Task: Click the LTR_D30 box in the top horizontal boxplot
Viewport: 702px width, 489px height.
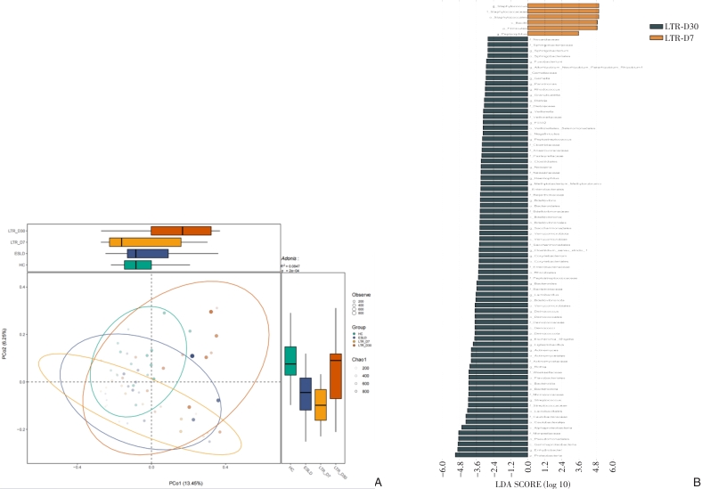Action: [181, 231]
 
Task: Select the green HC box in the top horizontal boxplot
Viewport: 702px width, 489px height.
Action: [138, 265]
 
